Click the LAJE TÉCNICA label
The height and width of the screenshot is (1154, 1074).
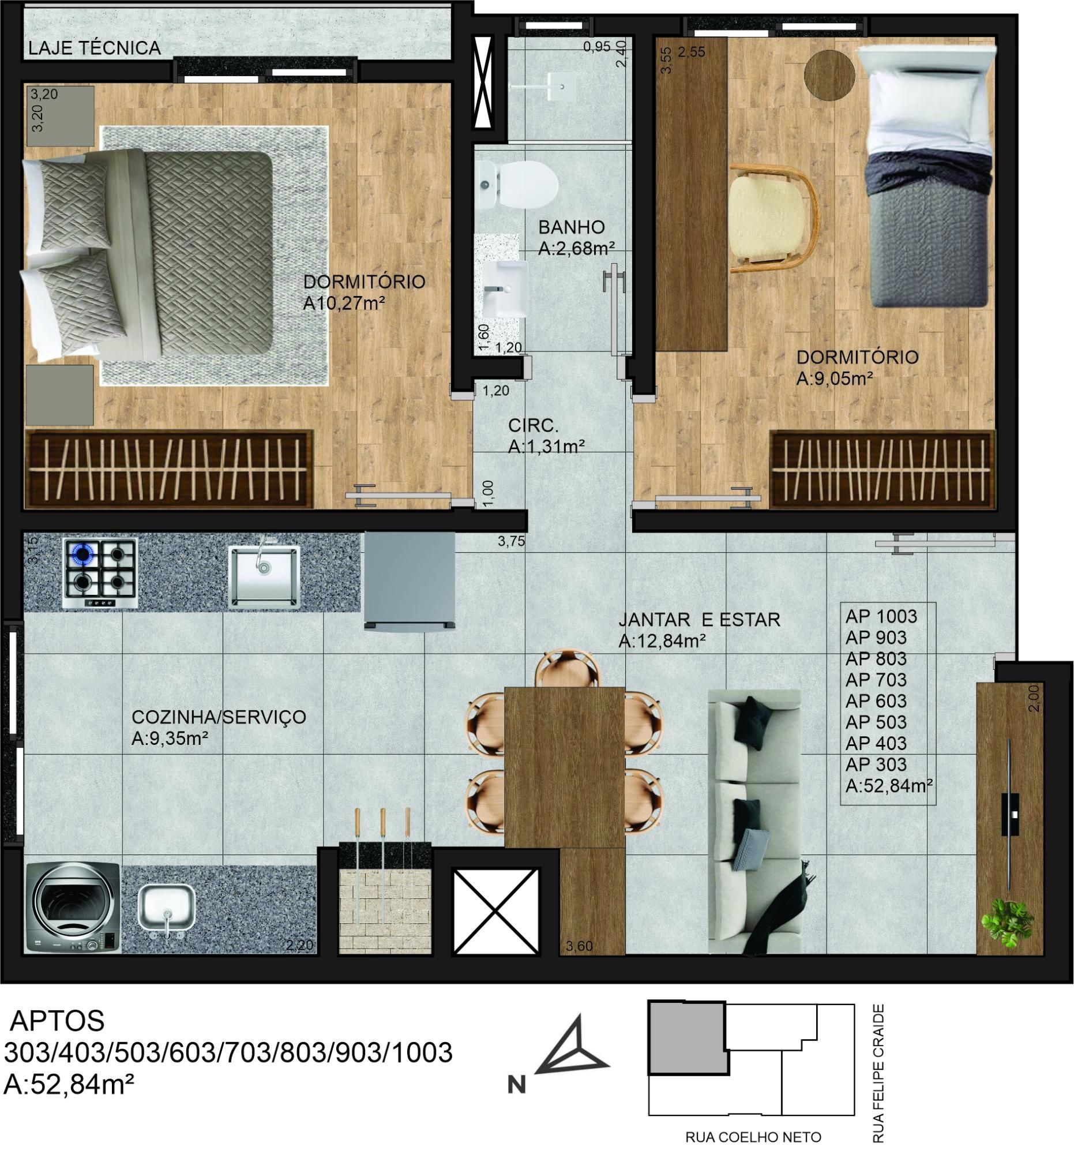(95, 48)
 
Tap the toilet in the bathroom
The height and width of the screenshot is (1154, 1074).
(516, 185)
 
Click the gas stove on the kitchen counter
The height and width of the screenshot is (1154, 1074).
(100, 573)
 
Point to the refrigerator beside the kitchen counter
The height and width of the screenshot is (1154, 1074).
(410, 582)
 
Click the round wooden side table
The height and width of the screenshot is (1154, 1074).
(829, 75)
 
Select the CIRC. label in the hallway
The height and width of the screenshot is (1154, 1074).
(533, 425)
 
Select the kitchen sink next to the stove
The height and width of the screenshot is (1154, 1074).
(264, 575)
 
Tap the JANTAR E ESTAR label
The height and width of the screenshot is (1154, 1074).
(699, 620)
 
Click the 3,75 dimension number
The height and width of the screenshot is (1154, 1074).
(511, 541)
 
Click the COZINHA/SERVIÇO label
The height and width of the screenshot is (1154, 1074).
(219, 717)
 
